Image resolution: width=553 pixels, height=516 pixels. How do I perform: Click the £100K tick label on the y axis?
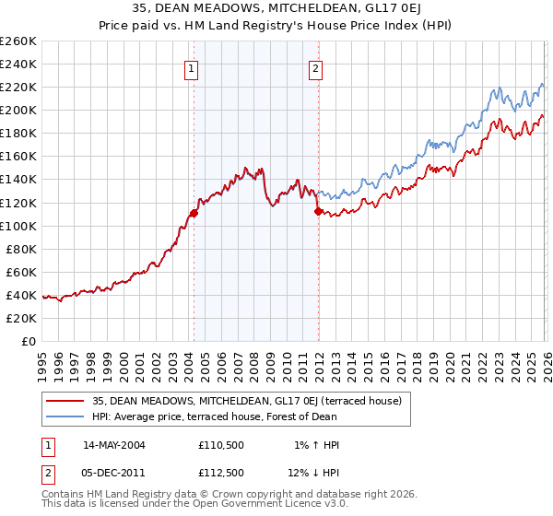18,226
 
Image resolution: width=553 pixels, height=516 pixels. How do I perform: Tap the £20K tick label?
21,318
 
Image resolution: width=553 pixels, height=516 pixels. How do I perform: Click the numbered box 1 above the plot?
191,67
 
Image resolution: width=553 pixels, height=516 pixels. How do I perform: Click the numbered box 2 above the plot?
315,67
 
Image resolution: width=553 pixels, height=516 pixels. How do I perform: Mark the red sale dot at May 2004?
194,213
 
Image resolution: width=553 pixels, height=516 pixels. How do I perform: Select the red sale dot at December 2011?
318,211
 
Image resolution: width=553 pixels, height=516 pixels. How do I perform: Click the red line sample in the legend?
66,401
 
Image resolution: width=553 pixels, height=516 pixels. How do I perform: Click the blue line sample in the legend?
66,416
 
